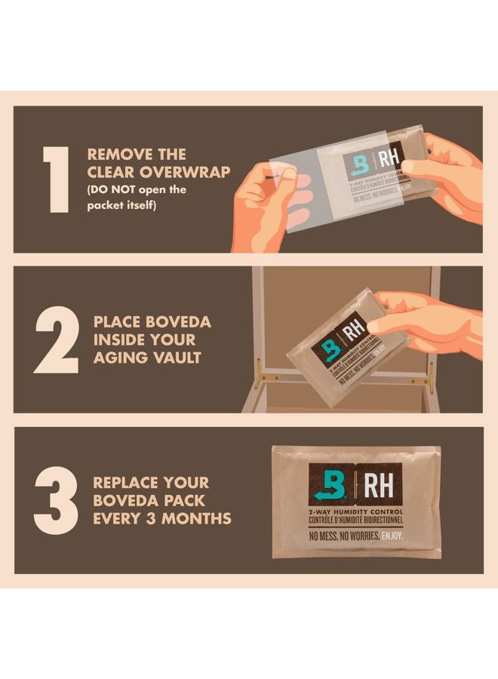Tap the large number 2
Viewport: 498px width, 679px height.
[x=57, y=340]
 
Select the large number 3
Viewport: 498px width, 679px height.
[x=57, y=499]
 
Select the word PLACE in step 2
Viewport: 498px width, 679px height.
[x=115, y=322]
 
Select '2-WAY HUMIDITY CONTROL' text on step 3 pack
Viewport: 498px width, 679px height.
[x=355, y=512]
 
